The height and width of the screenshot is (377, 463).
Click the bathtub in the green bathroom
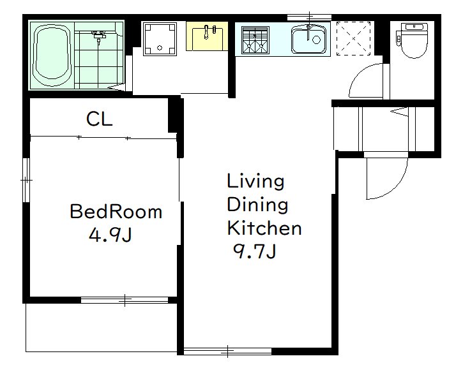[52, 55]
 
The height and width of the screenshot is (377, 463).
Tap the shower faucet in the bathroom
[98, 36]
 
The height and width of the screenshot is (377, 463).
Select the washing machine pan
[160, 39]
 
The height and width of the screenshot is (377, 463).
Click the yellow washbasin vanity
[207, 36]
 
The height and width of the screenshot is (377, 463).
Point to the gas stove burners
[255, 40]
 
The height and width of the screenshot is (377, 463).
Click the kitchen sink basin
[309, 40]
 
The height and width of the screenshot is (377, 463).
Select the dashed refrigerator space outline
[353, 38]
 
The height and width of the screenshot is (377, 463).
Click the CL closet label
[99, 119]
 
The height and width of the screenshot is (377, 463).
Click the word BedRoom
[116, 211]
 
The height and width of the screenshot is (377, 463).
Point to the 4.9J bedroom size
[110, 235]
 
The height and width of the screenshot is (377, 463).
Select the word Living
[255, 182]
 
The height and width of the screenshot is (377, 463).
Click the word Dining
[257, 205]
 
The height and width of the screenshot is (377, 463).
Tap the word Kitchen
[264, 228]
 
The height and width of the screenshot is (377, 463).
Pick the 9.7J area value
[255, 251]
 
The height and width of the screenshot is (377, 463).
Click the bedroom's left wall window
[26, 180]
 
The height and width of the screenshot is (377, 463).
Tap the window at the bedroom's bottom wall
[125, 300]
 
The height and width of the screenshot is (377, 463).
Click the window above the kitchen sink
[309, 17]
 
